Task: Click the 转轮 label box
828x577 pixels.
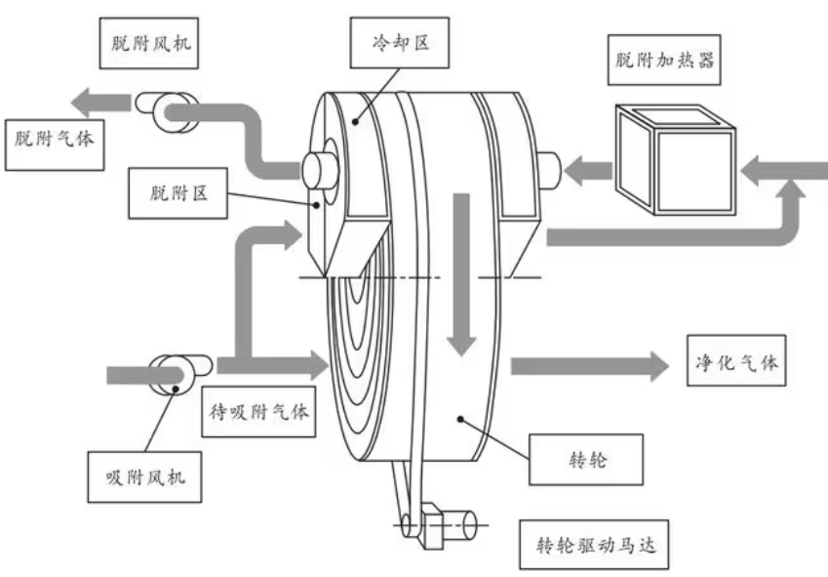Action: pos(586,458)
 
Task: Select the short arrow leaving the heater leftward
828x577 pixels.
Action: pos(586,173)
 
